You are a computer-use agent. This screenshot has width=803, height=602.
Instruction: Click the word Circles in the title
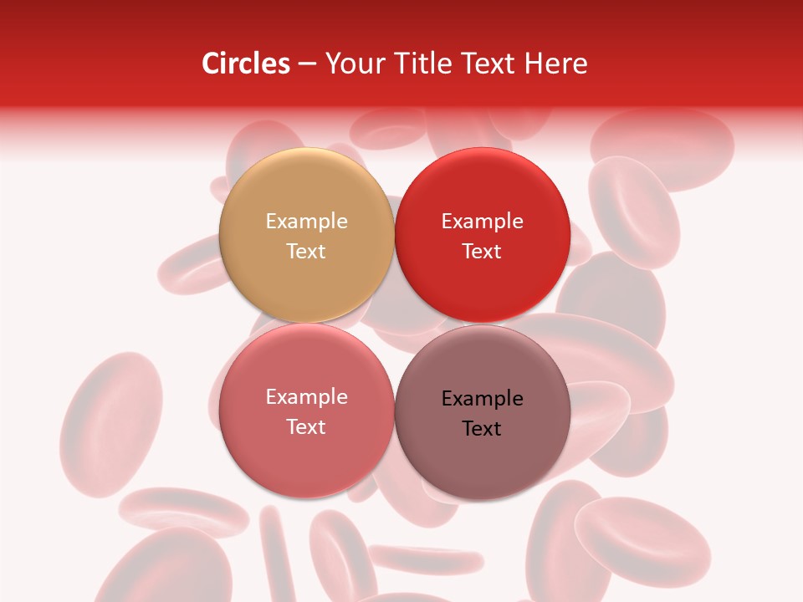(x=246, y=64)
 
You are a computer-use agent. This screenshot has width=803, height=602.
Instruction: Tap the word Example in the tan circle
(x=306, y=221)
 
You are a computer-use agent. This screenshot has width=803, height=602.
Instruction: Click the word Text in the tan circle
(x=306, y=251)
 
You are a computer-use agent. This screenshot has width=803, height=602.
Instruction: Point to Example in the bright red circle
(x=482, y=221)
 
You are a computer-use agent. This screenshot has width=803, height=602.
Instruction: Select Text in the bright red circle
(x=482, y=251)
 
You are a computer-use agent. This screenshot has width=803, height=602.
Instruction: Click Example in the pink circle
(x=306, y=396)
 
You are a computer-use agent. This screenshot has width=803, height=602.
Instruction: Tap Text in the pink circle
(x=306, y=426)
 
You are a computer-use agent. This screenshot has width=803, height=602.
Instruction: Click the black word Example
(x=482, y=398)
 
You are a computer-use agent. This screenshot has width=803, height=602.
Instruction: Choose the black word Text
(x=482, y=428)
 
